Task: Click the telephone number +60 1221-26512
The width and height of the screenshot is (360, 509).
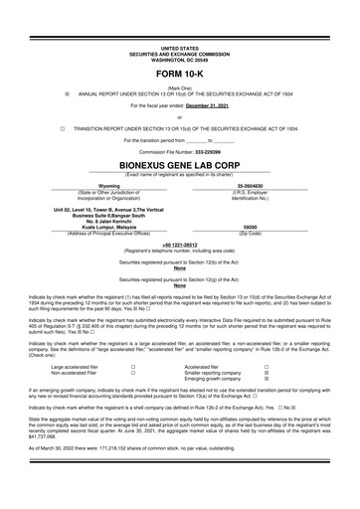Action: (x=180, y=243)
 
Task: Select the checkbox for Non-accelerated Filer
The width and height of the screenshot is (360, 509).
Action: (x=132, y=373)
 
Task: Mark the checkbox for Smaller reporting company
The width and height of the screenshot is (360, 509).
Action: (x=266, y=373)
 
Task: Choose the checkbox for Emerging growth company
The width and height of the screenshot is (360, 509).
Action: (x=266, y=379)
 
